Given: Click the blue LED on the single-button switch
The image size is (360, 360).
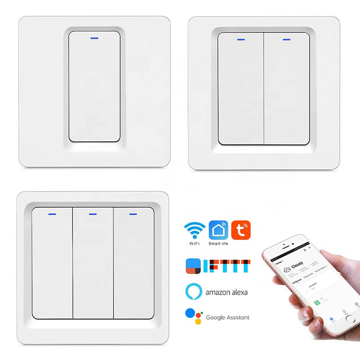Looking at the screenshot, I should (x=94, y=38).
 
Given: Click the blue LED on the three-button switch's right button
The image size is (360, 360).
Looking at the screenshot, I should (x=132, y=214).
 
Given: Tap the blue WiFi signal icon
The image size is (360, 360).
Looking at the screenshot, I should (x=194, y=230).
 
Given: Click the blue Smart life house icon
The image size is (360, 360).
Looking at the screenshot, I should (x=218, y=229).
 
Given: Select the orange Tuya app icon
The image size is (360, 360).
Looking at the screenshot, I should (x=241, y=229).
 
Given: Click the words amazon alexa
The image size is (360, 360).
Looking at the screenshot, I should (x=226, y=292).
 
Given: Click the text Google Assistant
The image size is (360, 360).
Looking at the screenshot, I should (x=227, y=317).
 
